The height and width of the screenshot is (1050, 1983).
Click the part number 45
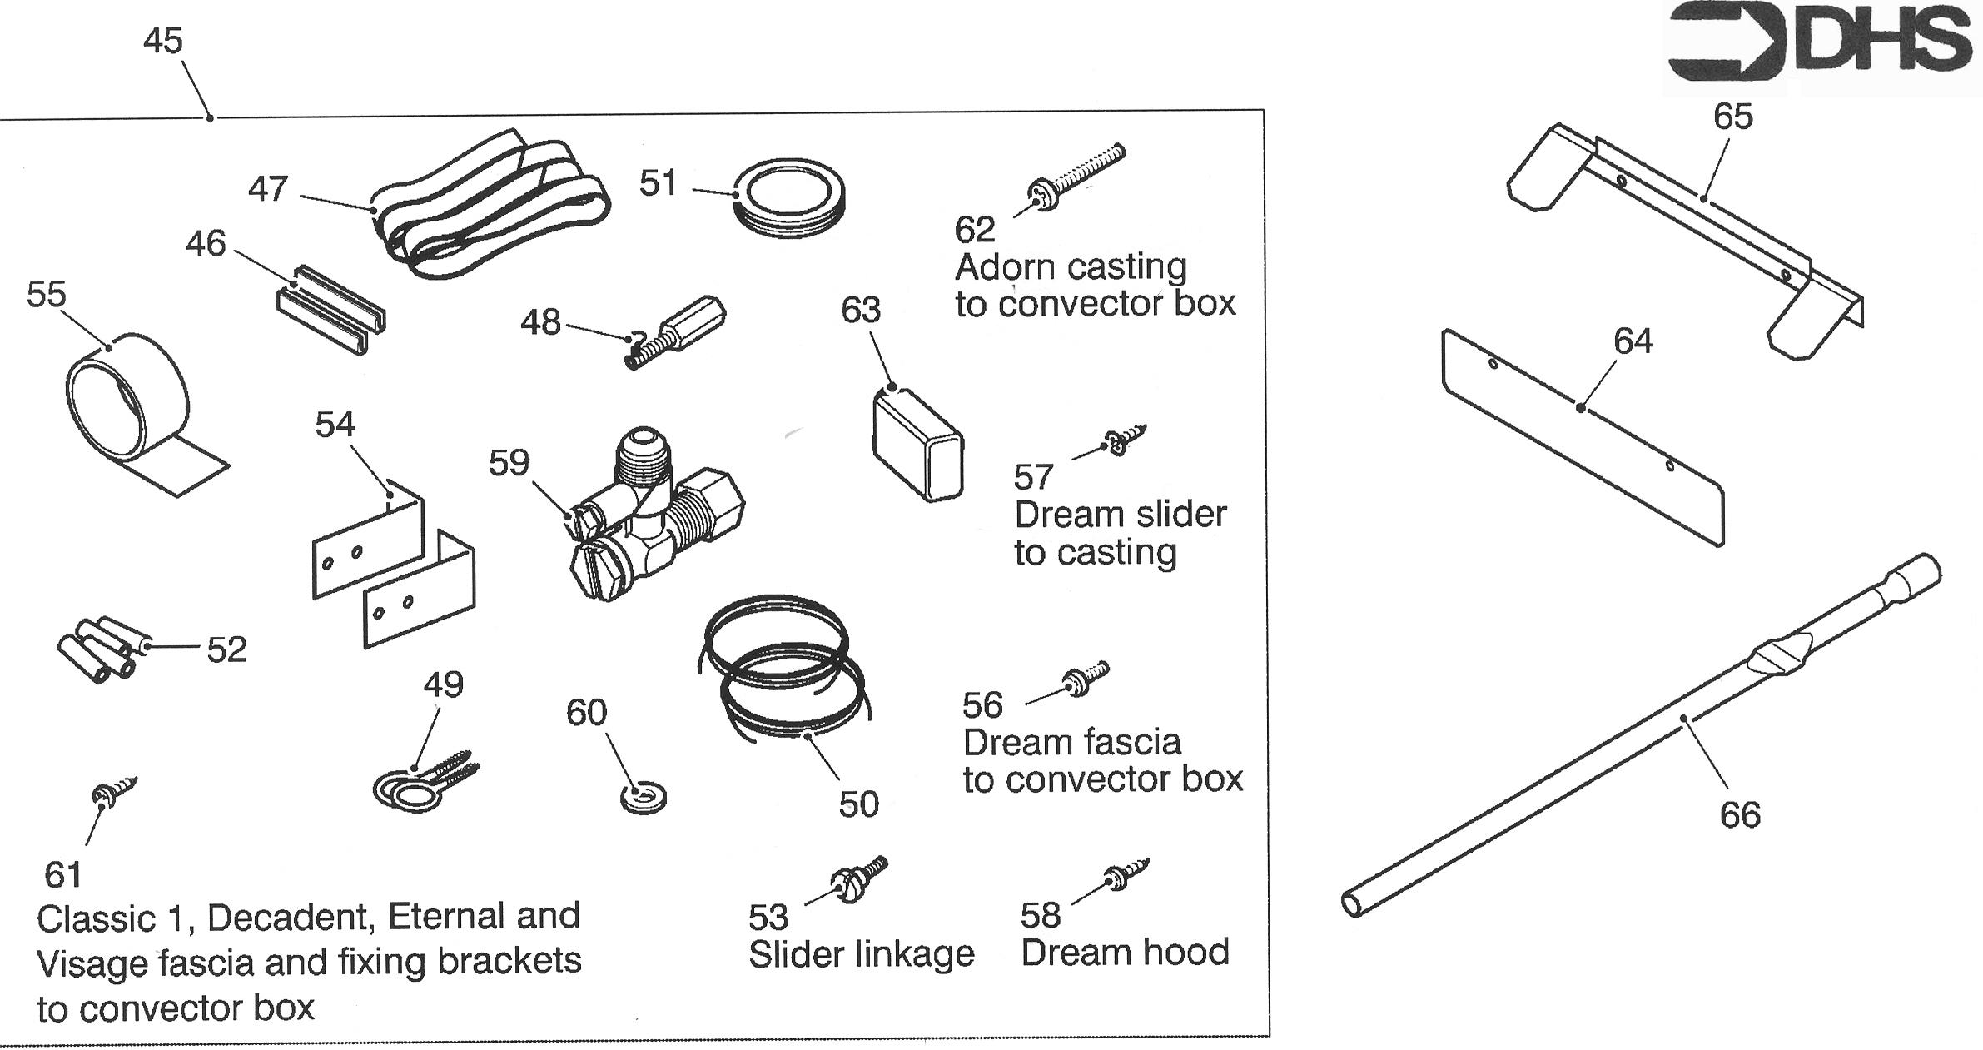(x=162, y=41)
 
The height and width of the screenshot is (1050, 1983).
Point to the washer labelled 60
(x=643, y=799)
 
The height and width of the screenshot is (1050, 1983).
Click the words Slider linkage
(x=861, y=953)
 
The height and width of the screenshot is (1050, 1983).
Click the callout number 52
(x=226, y=649)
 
